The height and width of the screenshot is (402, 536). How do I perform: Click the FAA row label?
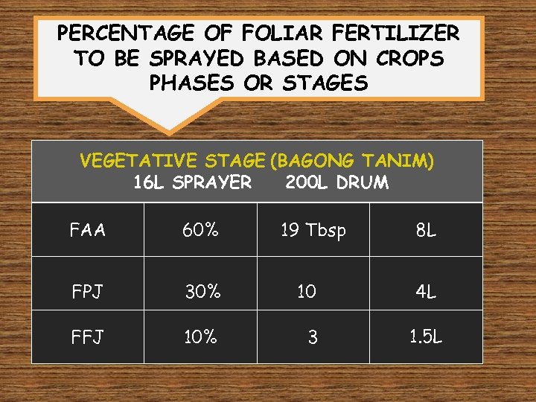tap(88, 230)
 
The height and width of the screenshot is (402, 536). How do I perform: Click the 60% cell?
tap(201, 230)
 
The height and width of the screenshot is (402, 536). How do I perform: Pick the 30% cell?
tap(202, 291)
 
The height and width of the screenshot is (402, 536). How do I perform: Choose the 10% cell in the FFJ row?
tap(201, 337)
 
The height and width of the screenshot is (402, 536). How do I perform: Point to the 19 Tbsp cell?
tap(313, 231)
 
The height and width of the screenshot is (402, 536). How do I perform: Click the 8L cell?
tap(426, 231)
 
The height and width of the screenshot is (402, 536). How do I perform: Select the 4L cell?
tap(426, 291)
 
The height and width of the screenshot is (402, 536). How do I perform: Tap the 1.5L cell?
tap(426, 336)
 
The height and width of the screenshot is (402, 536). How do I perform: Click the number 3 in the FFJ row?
tap(313, 338)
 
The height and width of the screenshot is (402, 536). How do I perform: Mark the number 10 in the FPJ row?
tap(307, 291)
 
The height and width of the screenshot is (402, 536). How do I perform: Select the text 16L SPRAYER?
tap(192, 182)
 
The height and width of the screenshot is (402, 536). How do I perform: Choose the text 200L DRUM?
tap(336, 182)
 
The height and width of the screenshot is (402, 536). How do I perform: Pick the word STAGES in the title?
tap(325, 83)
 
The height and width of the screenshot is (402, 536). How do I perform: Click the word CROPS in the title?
tap(412, 58)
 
